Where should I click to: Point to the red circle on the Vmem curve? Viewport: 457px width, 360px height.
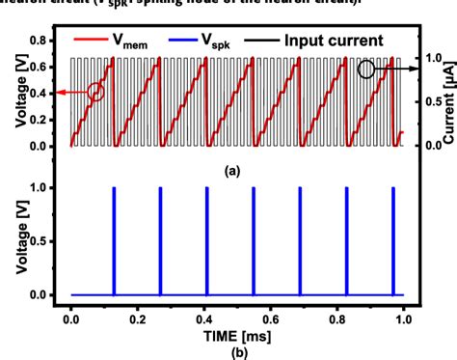[x=94, y=93]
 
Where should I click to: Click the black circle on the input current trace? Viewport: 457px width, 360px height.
[x=366, y=69]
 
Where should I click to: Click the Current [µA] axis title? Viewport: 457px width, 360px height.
[x=444, y=93]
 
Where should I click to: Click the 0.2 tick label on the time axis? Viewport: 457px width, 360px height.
[x=137, y=316]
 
